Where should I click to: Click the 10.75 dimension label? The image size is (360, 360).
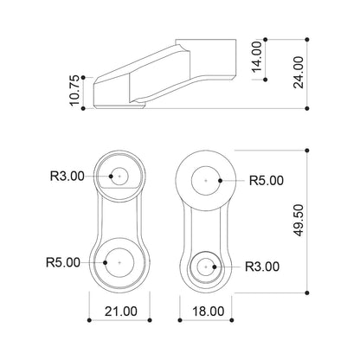(x=74, y=91)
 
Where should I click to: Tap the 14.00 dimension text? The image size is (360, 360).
(x=256, y=56)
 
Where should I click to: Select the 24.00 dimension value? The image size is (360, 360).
(x=299, y=73)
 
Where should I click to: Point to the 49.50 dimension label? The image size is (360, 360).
(x=299, y=220)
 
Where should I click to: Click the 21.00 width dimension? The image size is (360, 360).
(x=121, y=312)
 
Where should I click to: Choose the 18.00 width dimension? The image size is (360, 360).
(x=209, y=312)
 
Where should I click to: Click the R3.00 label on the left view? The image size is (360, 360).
(x=67, y=176)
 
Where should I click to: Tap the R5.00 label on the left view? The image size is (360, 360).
(x=63, y=262)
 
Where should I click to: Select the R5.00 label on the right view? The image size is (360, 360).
(x=267, y=181)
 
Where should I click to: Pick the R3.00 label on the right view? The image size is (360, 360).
(x=262, y=267)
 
